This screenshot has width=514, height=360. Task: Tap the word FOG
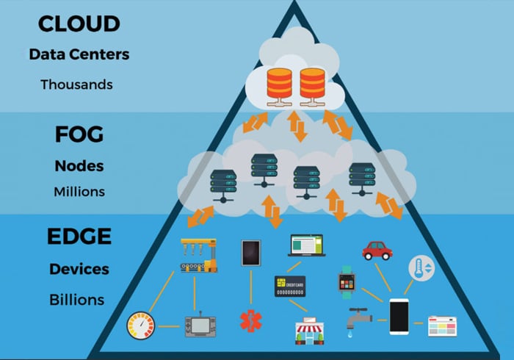pyautogui.click(x=79, y=135)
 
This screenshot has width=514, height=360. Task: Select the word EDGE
pyautogui.click(x=79, y=237)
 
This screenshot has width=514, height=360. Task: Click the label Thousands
pyautogui.click(x=76, y=84)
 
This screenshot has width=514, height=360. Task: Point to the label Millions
pyautogui.click(x=79, y=192)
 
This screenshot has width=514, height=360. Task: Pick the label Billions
pyautogui.click(x=76, y=300)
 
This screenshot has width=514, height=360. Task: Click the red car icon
pyautogui.click(x=377, y=250)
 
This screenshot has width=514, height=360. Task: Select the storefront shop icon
pyautogui.click(x=309, y=329)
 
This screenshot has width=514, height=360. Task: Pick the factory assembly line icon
pyautogui.click(x=199, y=254)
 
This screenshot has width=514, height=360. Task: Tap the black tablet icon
pyautogui.click(x=250, y=253)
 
